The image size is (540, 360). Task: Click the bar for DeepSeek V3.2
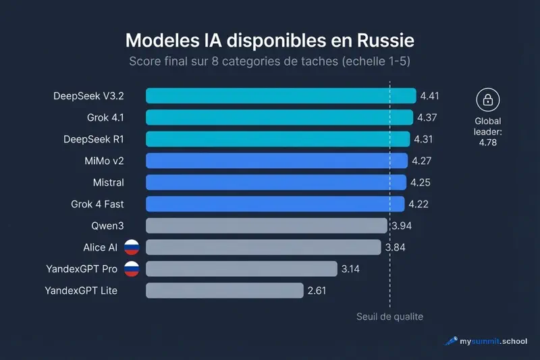pos(281,96)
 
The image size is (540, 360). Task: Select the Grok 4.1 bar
pos(279,118)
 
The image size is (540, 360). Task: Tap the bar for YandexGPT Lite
pos(225,290)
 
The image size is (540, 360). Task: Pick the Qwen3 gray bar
pos(267,226)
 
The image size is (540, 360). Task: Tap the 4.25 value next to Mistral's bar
pos(420,182)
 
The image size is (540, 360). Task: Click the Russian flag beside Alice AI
pos(132,247)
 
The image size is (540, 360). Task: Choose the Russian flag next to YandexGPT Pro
pos(132,269)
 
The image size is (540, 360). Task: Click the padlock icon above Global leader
pos(487,100)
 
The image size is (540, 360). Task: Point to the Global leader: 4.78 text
pos(487,132)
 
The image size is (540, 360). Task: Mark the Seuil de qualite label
pos(389,316)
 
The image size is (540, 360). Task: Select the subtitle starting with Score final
pos(270,62)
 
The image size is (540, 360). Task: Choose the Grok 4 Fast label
pos(97,204)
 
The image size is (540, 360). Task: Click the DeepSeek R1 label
pos(93,139)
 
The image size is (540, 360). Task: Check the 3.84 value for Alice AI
pos(396,247)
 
